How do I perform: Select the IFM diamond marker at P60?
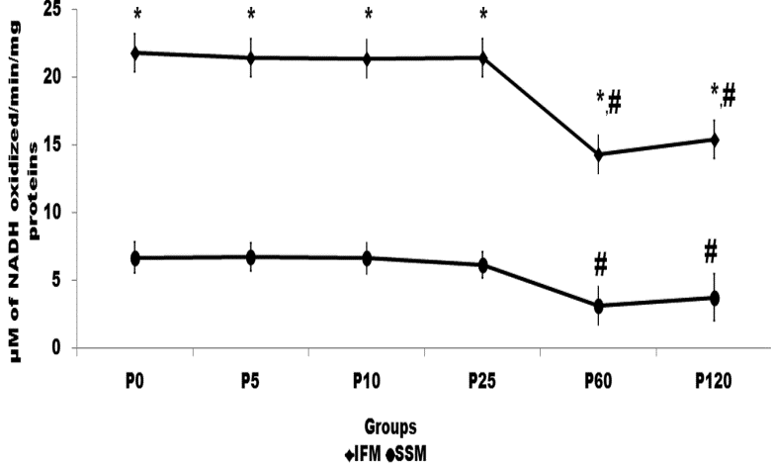click(599, 154)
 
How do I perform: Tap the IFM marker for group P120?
click(714, 140)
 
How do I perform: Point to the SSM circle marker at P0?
click(135, 258)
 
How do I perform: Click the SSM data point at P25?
click(483, 264)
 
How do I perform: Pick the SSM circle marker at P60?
click(599, 306)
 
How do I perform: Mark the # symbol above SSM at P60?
click(600, 264)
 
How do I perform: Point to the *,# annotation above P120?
click(724, 95)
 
